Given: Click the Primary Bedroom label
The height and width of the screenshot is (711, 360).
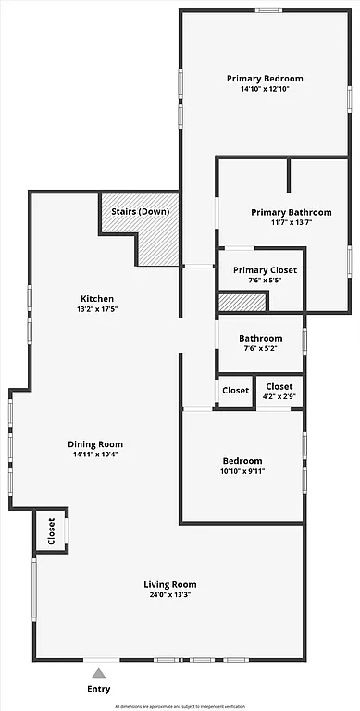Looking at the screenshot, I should tap(265, 79).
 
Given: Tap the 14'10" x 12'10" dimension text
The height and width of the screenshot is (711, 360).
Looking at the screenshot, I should tap(265, 90).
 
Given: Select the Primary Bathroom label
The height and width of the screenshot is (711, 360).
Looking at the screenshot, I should tap(291, 212).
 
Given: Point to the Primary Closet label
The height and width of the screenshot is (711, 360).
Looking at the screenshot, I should tap(265, 269).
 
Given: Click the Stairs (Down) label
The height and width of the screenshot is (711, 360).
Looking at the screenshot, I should tap(140, 211).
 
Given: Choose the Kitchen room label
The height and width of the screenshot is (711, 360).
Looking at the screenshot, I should tap(97, 298).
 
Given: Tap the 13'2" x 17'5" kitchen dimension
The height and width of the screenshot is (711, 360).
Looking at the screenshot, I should tap(97, 309).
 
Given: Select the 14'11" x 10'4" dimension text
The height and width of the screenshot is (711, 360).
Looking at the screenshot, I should tap(95, 455).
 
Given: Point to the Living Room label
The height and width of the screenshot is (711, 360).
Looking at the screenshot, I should tap(169, 584).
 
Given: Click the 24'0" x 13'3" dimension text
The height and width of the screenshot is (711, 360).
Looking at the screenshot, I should tap(169, 595).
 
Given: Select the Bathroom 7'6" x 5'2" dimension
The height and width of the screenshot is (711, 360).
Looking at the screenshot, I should tap(260, 349).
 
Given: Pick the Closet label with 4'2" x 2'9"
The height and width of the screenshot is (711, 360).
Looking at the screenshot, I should tap(279, 386).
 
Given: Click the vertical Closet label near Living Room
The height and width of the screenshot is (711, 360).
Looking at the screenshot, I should tap(52, 531).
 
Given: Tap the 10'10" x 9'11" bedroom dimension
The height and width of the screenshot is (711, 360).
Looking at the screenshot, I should tap(242, 471).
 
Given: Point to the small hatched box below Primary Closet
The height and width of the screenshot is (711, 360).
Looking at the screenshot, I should tap(242, 302).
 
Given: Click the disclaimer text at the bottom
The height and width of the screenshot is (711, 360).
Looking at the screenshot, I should tap(180, 705).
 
